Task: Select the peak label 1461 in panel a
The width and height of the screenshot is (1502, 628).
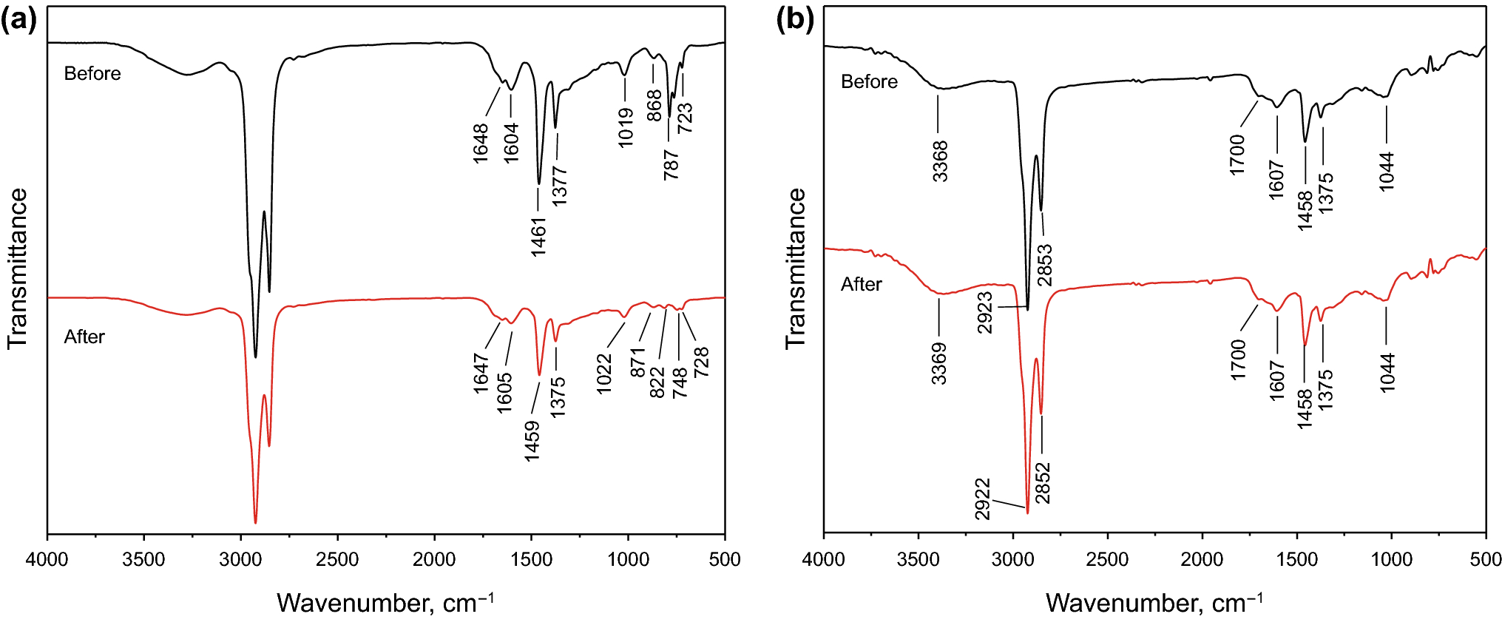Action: [539, 237]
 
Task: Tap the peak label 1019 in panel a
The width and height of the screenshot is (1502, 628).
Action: [626, 127]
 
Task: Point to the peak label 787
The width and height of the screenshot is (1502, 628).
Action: [671, 164]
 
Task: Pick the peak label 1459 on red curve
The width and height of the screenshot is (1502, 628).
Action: [532, 442]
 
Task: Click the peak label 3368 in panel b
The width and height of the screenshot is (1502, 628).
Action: [940, 161]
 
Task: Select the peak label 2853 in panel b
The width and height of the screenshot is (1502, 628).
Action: [1044, 265]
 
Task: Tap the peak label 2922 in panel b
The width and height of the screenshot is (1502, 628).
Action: [982, 499]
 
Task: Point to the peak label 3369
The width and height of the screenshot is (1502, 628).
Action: [939, 363]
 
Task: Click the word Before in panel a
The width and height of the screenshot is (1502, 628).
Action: [92, 73]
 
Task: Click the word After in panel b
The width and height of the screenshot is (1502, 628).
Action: [862, 284]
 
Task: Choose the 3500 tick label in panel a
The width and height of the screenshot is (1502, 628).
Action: [143, 560]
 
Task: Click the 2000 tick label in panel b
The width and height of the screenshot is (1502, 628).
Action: [1202, 560]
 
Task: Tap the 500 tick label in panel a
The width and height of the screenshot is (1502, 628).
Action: [725, 560]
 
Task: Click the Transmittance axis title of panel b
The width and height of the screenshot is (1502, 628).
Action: [796, 268]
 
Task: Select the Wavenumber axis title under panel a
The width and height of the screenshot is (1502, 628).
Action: [385, 603]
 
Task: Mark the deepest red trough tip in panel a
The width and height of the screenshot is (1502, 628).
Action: [255, 522]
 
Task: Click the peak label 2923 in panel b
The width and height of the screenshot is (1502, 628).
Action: [985, 313]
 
